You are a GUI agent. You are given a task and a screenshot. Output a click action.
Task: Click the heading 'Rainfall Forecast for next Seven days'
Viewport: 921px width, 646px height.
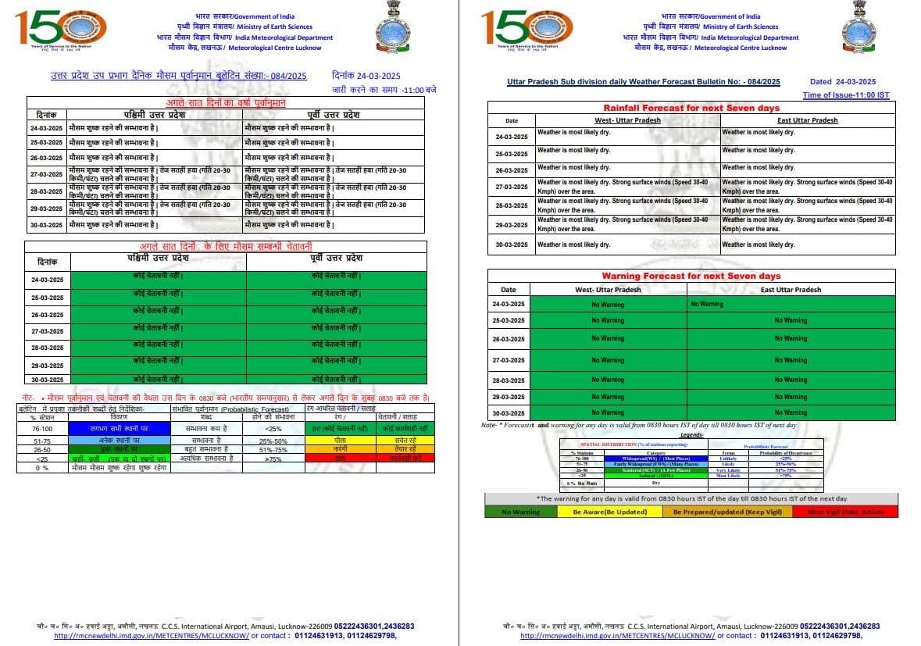tap(691, 108)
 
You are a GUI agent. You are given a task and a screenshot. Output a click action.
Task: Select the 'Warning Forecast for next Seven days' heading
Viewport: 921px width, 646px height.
tap(691, 276)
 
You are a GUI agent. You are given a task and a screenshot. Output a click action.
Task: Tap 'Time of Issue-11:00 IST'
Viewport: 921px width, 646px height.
tap(846, 95)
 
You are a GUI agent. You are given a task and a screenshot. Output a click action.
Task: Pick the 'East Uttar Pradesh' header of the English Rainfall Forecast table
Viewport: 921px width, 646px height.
tap(807, 120)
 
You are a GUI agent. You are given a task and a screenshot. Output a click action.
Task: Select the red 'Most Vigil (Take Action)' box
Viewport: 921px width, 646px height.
tap(844, 512)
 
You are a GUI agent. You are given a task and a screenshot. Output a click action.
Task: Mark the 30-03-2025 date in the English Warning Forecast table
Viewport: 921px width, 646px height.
tap(509, 413)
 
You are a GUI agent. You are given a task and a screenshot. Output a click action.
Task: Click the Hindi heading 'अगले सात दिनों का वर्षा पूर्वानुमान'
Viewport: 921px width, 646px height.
tap(226, 103)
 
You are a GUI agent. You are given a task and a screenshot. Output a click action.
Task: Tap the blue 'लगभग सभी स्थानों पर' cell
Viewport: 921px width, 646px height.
tap(119, 428)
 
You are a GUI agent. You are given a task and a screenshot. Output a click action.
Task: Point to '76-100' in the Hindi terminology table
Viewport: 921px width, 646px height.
tap(43, 428)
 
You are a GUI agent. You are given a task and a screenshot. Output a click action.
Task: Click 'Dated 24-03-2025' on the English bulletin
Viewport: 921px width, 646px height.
tap(842, 81)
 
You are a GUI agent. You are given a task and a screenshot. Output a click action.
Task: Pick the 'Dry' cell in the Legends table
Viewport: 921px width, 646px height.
tap(644, 483)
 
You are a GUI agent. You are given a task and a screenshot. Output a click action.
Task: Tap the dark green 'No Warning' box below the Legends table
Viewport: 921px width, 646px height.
tap(521, 512)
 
